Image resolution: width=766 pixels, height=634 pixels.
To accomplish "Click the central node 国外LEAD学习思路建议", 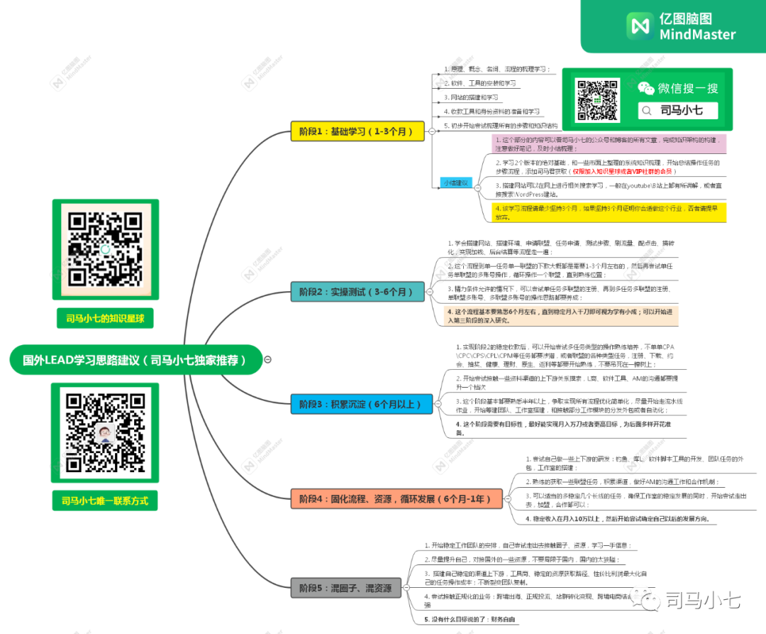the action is coord(135,360).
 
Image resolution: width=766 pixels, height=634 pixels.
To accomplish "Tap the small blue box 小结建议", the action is coord(455,182).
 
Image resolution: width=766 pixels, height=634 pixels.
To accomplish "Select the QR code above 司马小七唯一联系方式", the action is coord(104,432).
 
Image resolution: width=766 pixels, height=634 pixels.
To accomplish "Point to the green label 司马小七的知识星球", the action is coord(105,319).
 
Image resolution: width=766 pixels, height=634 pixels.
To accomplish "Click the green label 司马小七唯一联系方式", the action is coord(105,501).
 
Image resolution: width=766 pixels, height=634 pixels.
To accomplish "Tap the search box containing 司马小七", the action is coord(677,110).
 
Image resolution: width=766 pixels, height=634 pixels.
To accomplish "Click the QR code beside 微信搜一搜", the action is coord(598,101).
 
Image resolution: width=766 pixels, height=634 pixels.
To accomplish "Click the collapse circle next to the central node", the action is coord(268,360).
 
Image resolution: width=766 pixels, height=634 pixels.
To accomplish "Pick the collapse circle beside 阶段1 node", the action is coord(430,131).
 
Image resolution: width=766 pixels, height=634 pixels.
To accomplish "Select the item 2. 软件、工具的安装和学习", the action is coord(479,83).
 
